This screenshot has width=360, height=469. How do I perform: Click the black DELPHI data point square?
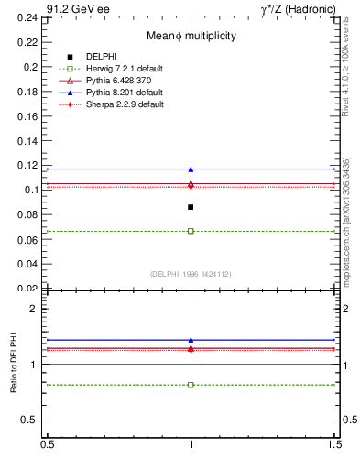(x=191, y=207)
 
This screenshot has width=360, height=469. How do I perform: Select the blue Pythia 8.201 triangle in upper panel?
(x=191, y=169)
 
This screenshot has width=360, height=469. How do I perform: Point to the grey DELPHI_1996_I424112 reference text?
(x=191, y=273)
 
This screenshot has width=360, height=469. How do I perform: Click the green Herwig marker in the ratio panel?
(x=191, y=385)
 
